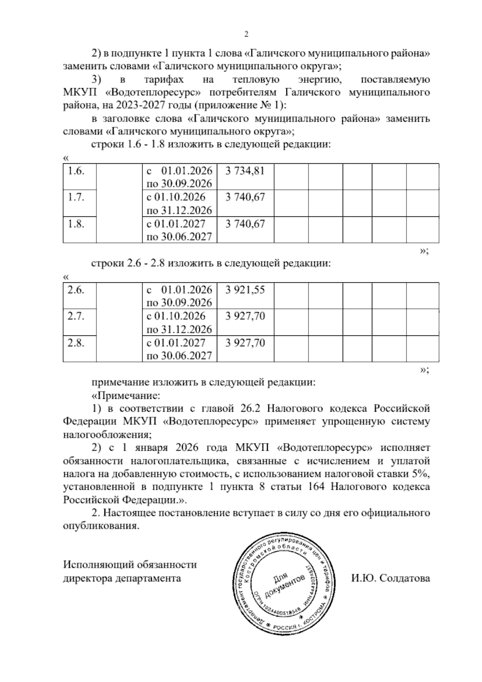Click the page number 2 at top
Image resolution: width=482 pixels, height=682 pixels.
247,35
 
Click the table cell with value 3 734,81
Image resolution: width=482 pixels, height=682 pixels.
245,171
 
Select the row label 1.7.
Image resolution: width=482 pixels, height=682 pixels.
76,197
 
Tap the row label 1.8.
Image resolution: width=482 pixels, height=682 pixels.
76,224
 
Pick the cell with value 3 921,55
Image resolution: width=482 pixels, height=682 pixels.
245,290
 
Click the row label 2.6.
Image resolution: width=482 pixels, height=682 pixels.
76,290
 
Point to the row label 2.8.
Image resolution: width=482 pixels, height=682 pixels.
76,343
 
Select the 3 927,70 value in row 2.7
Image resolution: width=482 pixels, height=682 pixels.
245,316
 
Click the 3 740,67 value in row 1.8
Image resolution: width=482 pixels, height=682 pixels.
245,224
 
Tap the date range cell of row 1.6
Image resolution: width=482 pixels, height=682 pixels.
179,177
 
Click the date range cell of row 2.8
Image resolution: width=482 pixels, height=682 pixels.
179,349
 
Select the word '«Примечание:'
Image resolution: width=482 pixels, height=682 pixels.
126,395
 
